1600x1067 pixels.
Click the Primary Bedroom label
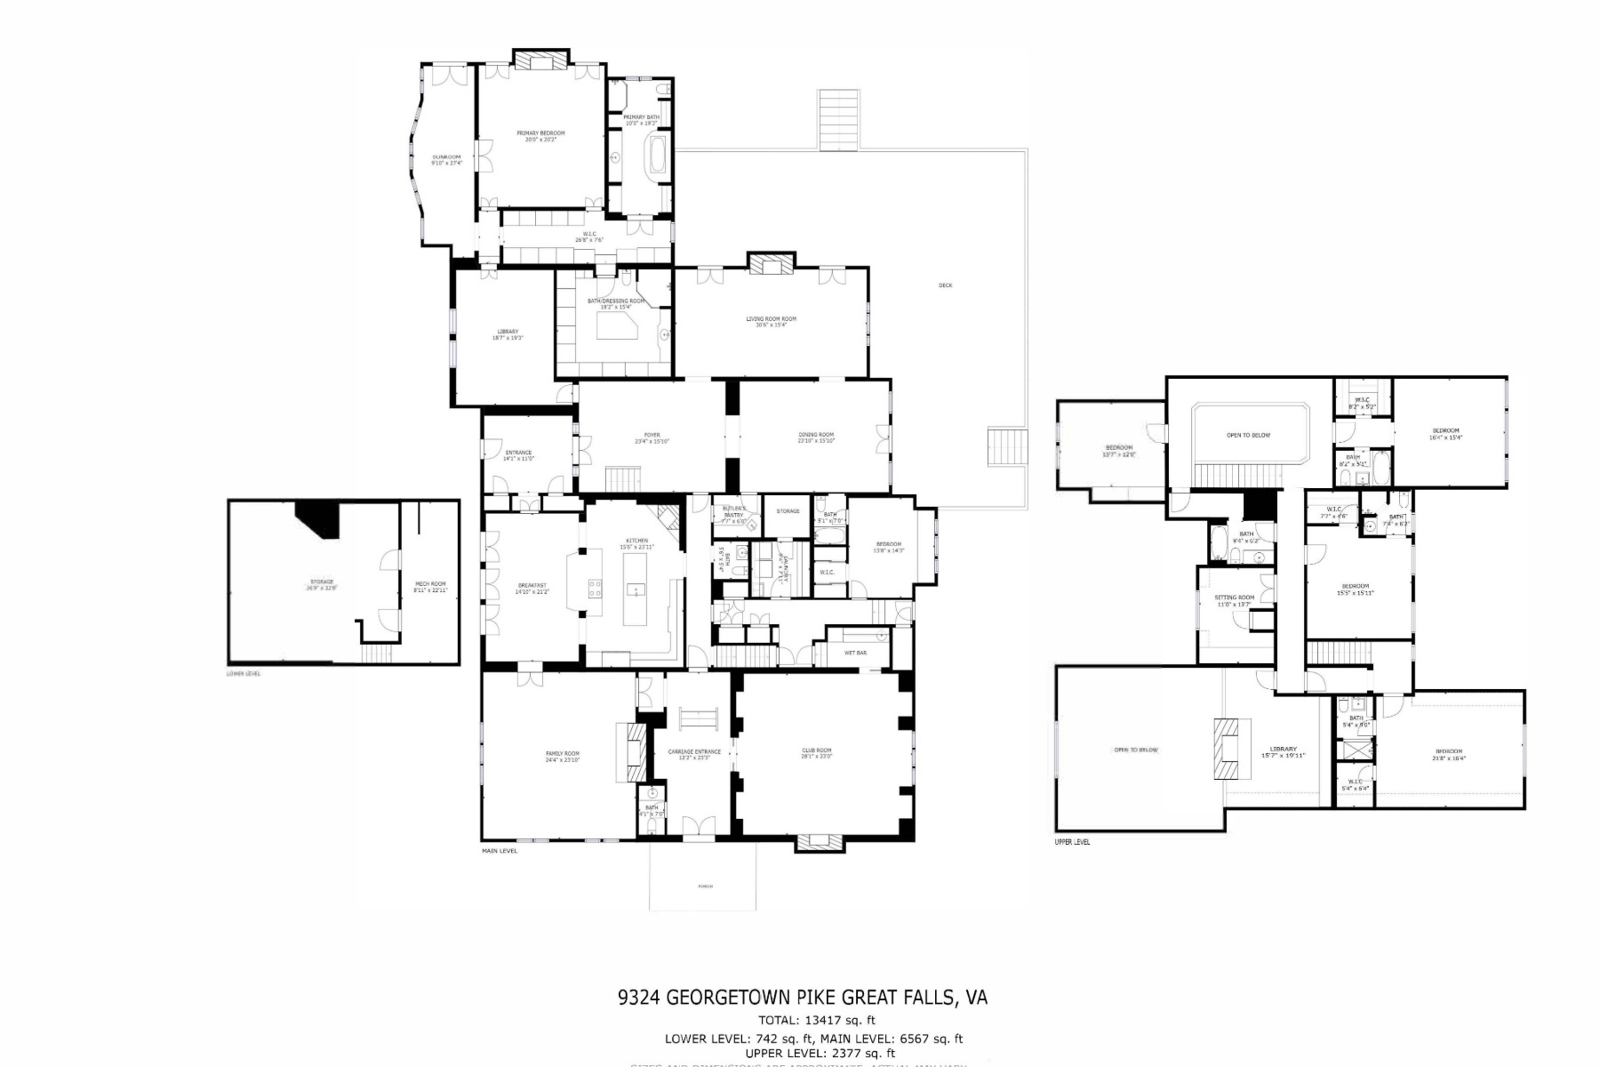click(540, 133)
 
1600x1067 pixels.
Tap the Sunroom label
click(447, 159)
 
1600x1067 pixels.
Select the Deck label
click(945, 285)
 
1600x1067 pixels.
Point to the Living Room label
click(771, 319)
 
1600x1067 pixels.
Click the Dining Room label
click(815, 436)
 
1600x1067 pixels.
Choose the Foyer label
click(652, 436)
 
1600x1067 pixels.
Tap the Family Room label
click(562, 754)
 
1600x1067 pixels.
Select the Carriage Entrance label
click(693, 752)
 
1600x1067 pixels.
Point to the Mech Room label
click(430, 584)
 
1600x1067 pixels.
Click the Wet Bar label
click(855, 654)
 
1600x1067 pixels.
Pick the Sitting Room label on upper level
click(1235, 598)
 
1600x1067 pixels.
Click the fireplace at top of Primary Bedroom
click(540, 60)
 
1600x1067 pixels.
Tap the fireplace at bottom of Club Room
click(817, 841)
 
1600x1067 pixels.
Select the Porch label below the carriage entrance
click(705, 886)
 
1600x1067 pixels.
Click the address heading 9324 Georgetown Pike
click(802, 998)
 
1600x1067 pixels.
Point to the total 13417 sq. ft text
click(816, 1020)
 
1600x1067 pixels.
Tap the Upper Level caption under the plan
click(1073, 842)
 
